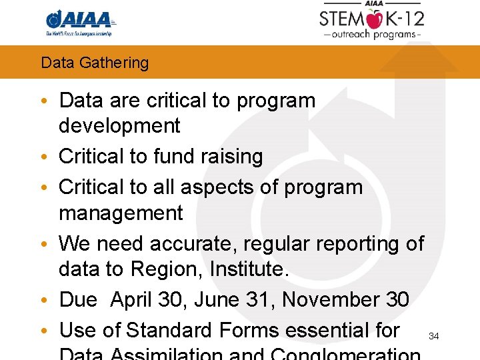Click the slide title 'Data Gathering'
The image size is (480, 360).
click(x=95, y=63)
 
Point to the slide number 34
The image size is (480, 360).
click(x=433, y=336)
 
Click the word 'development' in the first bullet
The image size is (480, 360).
click(x=119, y=125)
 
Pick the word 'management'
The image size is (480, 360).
click(x=121, y=213)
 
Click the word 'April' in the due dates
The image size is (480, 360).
click(x=132, y=300)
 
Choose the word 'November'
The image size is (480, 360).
click(x=330, y=300)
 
